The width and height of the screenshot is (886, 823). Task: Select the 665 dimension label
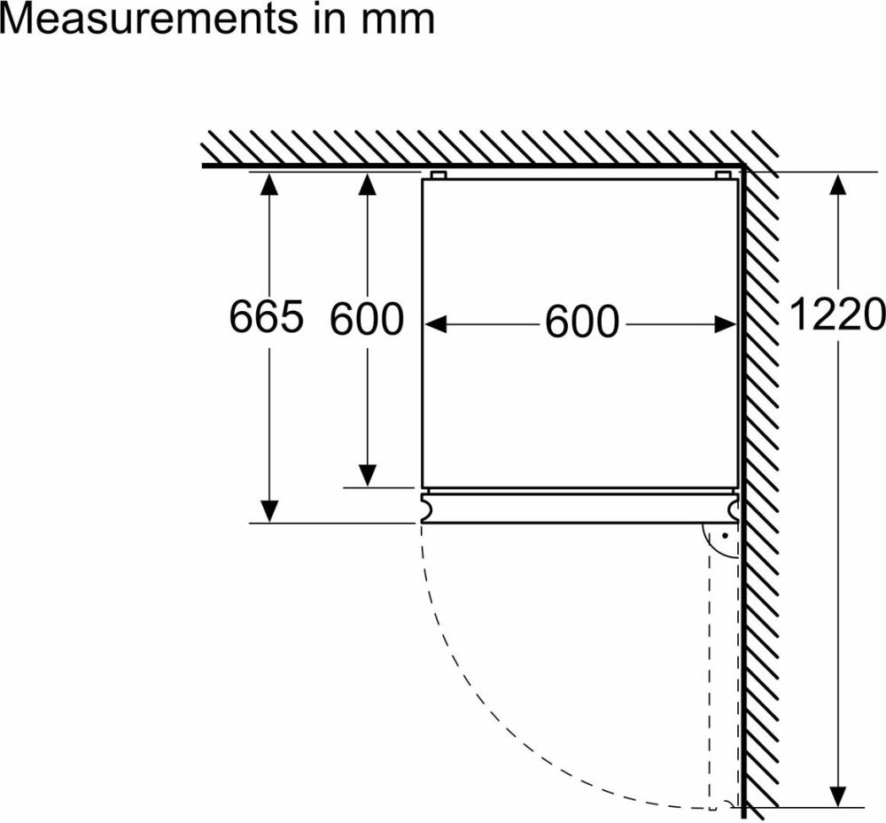267,316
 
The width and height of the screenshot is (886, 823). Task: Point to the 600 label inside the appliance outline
581,322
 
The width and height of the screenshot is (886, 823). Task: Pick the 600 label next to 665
367,318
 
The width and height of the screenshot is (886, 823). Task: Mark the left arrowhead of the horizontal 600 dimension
436,324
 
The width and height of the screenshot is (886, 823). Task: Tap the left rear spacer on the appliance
439,175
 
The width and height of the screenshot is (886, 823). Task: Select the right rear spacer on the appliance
723,175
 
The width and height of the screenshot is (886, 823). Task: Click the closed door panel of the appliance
580,508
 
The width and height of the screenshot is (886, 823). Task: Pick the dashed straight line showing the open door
709,673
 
